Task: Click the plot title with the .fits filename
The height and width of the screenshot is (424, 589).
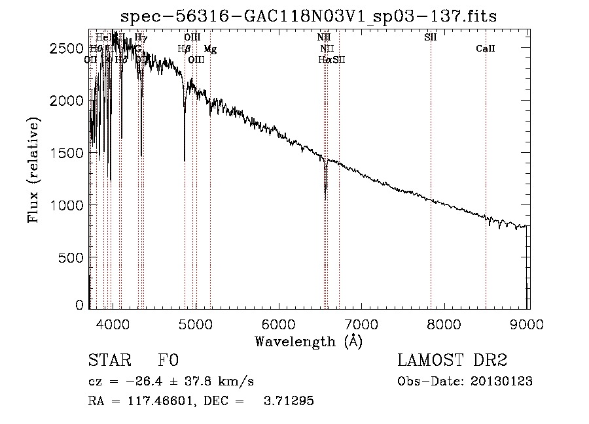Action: click(x=309, y=16)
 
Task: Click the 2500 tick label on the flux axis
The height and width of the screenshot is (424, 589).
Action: click(x=68, y=49)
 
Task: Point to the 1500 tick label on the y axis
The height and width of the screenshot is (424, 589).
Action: click(x=68, y=153)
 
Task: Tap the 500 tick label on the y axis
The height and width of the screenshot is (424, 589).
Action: click(x=72, y=257)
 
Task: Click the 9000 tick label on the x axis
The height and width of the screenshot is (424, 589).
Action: click(x=527, y=325)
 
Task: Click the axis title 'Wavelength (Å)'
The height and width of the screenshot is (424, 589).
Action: click(x=308, y=341)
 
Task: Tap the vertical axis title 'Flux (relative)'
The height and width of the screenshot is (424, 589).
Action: click(x=33, y=170)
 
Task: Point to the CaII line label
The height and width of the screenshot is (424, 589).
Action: click(x=485, y=49)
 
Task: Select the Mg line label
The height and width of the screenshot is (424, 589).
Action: click(x=210, y=49)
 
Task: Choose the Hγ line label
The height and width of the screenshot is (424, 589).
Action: click(x=141, y=38)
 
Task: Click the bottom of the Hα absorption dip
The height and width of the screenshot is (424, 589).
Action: click(x=325, y=193)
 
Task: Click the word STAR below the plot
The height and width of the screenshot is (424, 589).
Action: click(x=109, y=361)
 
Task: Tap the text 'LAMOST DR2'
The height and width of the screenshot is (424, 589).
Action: click(x=452, y=361)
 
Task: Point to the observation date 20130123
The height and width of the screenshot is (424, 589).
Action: click(x=501, y=382)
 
